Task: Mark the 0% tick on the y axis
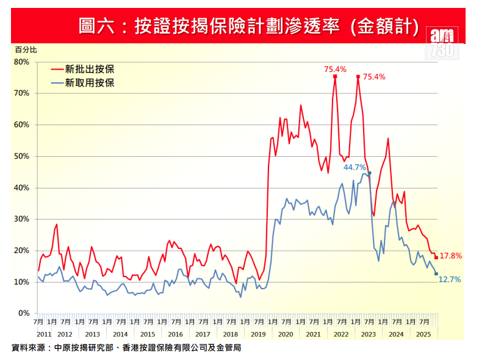point(24,314)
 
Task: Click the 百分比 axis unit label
point(26,48)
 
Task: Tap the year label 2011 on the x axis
point(44,334)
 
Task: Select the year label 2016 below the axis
point(175,334)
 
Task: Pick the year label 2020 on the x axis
point(286,334)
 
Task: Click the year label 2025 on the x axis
point(423,334)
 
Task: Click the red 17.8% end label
point(451,256)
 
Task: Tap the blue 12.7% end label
point(450,279)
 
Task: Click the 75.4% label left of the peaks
point(334,69)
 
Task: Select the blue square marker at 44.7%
point(370,173)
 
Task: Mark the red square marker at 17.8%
point(436,257)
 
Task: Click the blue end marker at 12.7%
point(436,274)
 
